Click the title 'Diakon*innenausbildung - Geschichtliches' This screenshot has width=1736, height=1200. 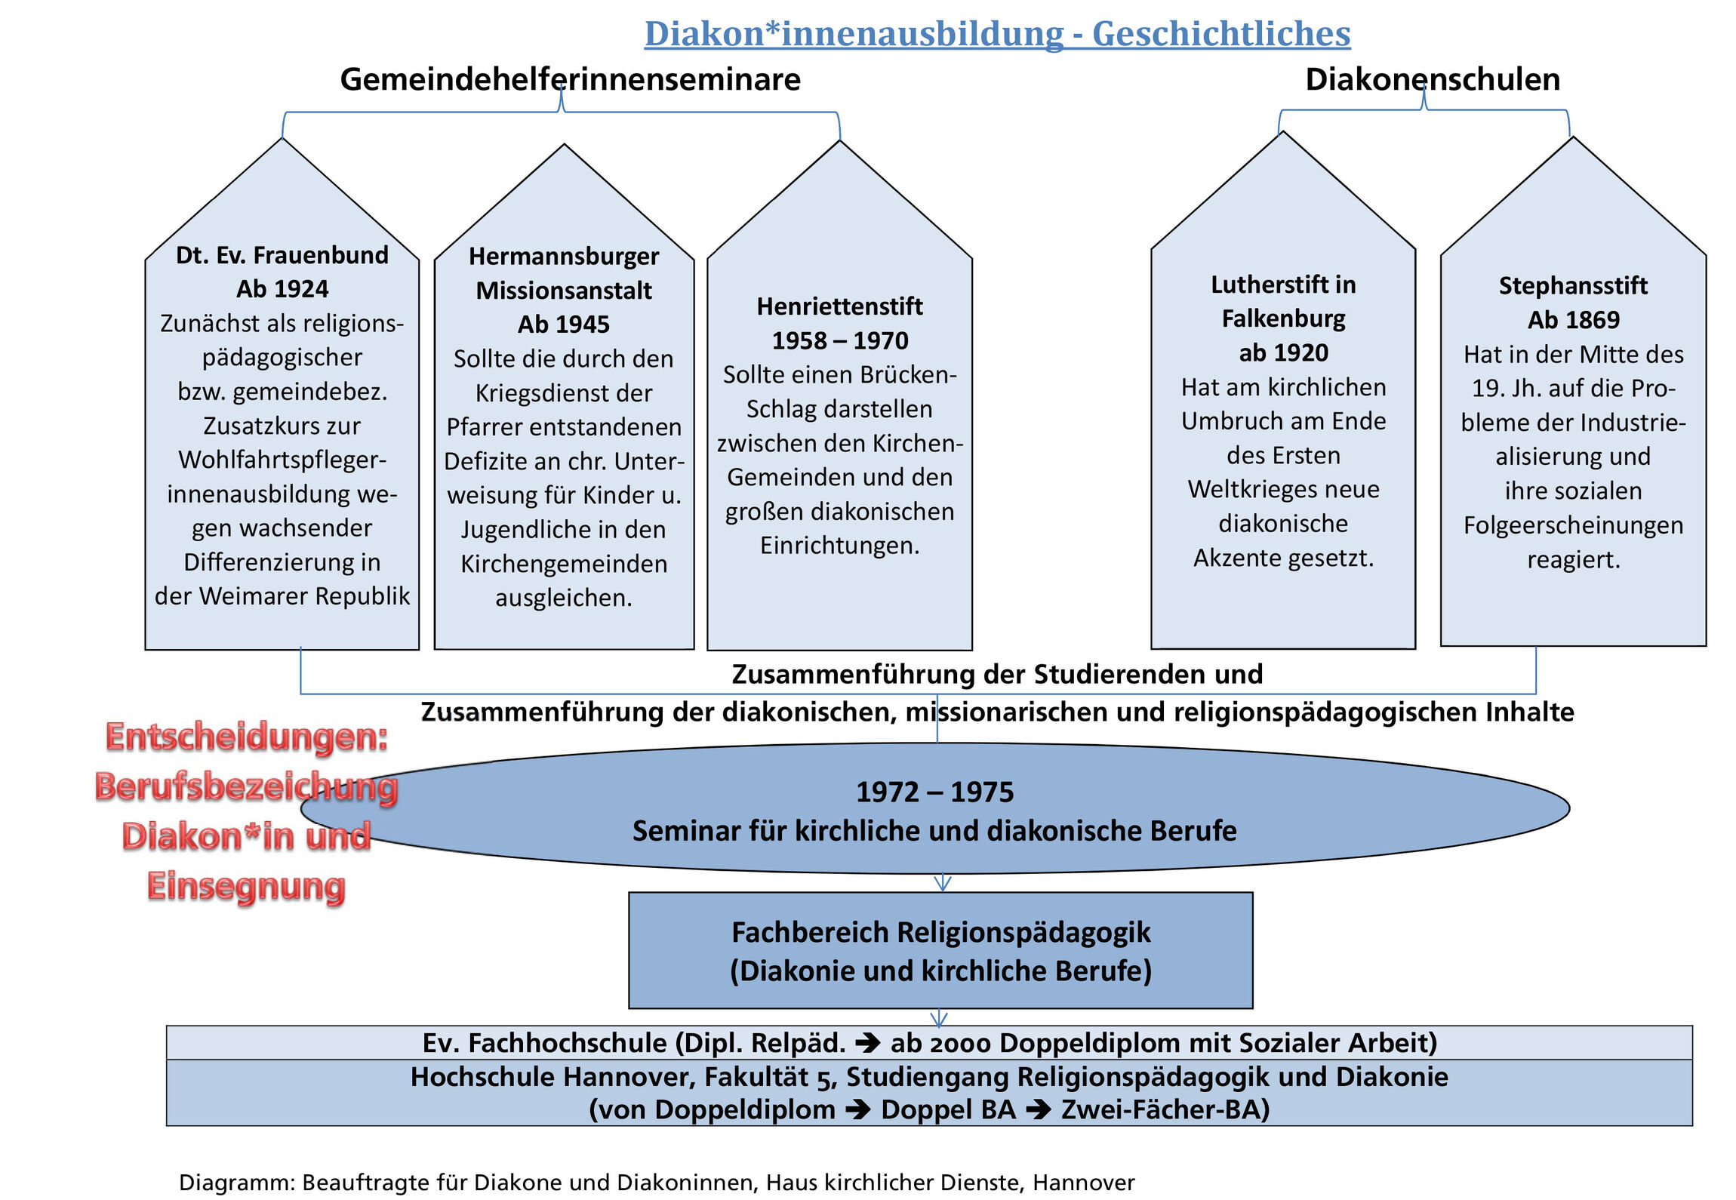point(996,34)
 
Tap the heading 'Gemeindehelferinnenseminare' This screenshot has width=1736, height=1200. point(570,79)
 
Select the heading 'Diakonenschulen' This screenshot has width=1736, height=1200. point(1433,79)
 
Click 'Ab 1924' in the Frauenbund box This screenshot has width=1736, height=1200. point(282,289)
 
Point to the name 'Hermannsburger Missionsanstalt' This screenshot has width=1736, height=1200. point(564,273)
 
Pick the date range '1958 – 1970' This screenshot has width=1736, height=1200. point(839,340)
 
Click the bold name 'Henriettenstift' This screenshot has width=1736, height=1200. point(839,306)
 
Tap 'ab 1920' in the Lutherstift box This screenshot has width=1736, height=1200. point(1283,352)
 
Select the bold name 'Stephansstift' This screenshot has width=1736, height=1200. point(1573,286)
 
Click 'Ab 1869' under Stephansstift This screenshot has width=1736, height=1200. point(1573,320)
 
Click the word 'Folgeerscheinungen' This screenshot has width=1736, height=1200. point(1573,525)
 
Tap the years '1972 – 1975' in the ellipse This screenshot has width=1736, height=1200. point(934,792)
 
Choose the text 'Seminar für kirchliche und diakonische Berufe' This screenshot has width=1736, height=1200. point(934,831)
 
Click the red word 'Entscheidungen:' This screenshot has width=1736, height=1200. point(247,737)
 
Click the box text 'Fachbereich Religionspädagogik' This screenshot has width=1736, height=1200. point(940,933)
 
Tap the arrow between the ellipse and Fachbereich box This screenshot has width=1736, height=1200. point(942,882)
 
